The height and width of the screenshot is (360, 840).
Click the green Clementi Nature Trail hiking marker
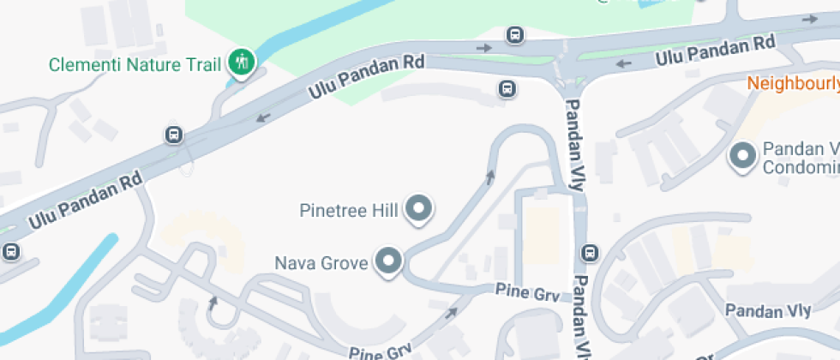click(242, 62)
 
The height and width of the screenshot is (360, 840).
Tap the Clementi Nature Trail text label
click(135, 63)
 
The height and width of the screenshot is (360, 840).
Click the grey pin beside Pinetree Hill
click(419, 207)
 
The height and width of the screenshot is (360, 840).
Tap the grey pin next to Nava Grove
click(390, 261)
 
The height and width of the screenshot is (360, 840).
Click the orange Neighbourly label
click(793, 83)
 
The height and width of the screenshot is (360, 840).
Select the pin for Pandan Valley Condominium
click(741, 155)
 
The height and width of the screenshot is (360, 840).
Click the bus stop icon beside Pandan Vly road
click(590, 253)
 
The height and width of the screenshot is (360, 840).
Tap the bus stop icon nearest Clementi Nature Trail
click(174, 135)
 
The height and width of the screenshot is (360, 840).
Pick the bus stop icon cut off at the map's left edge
click(9, 252)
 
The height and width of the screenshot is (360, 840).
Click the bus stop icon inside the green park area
click(514, 35)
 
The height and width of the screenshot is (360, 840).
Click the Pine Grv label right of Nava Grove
click(528, 292)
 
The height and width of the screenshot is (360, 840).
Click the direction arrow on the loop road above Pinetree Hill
click(490, 177)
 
